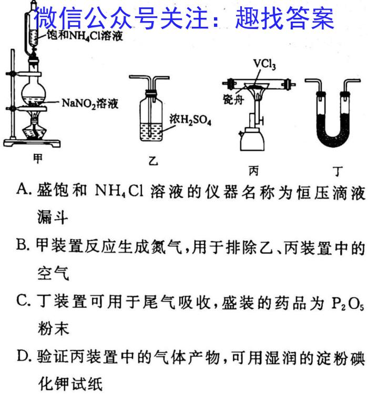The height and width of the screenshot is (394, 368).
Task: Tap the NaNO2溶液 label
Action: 90,103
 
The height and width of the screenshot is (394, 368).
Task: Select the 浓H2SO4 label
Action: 190,120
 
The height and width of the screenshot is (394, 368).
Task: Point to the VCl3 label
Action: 264,64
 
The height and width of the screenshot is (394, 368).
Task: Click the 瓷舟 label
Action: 233,100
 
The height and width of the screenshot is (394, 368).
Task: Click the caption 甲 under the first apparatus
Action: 38,159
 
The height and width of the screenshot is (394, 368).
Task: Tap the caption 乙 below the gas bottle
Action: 153,161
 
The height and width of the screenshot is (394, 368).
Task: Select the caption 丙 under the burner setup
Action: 253,171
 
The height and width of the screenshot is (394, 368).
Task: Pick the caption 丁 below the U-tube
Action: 338,171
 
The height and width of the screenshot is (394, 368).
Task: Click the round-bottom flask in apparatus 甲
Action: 34,92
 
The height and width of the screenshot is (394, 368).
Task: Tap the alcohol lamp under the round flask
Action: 34,128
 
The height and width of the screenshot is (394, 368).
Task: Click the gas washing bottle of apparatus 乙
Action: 151,118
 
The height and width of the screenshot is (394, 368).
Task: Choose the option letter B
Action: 23,245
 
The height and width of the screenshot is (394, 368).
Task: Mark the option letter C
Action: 23,300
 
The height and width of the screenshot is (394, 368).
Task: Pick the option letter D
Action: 24,356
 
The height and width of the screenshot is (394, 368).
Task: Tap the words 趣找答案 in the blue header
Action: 284,17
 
